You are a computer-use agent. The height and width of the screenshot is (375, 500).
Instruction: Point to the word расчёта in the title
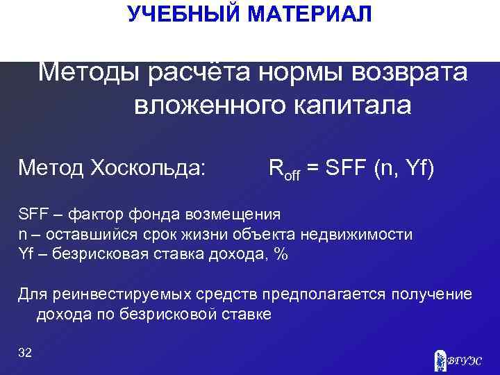199,71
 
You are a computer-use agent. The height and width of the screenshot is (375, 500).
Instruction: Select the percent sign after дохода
281,253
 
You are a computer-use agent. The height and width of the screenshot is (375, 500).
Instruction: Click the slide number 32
25,353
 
